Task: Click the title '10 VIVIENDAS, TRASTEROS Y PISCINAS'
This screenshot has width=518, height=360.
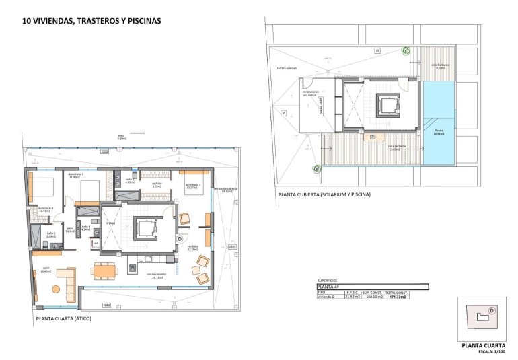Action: coord(92,21)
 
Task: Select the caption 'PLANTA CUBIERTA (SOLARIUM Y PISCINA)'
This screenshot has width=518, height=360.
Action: coord(324,194)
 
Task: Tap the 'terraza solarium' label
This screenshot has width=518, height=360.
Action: coord(286,68)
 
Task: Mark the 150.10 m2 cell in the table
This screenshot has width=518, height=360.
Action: coord(372,296)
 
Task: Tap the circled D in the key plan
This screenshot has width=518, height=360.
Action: coord(492,310)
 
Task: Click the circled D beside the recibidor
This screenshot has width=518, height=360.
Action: coord(180,238)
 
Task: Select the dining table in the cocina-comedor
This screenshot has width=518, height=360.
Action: coord(105,270)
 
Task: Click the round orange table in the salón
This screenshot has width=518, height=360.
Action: coord(56,289)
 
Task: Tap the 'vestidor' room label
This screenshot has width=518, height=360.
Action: coord(157,184)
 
